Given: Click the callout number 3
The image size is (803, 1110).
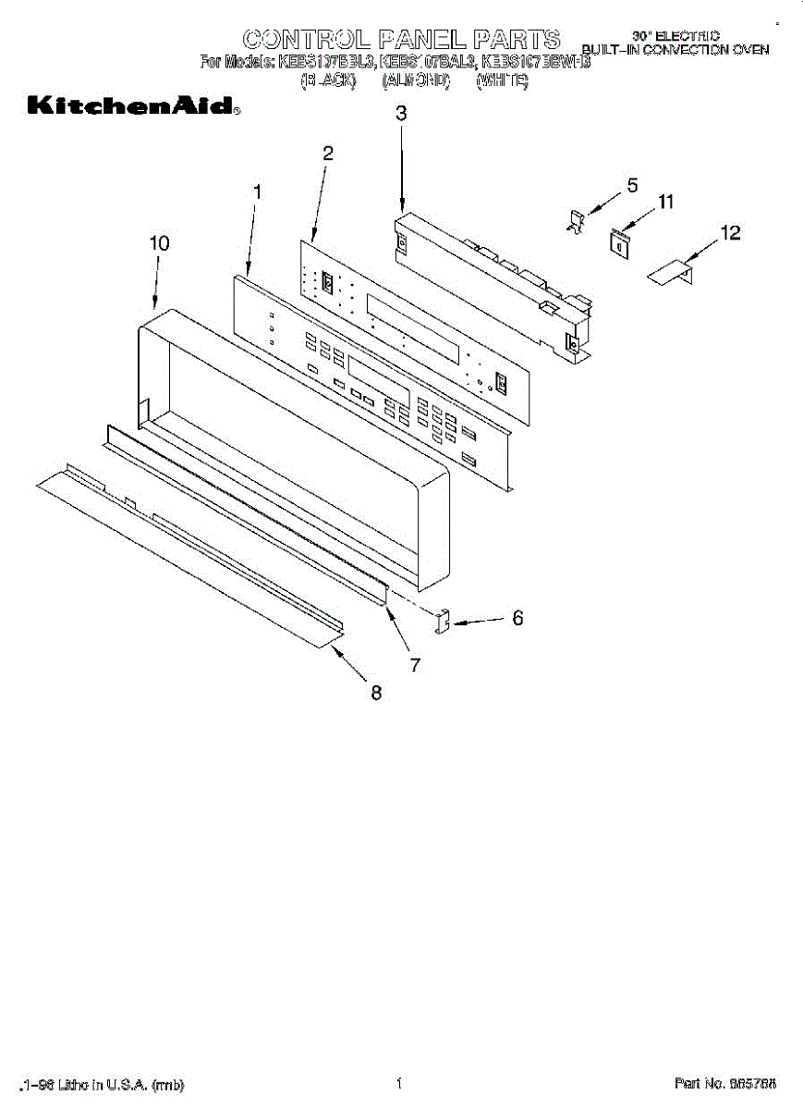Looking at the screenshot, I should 401,114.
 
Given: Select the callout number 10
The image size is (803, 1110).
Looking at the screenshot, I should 159,242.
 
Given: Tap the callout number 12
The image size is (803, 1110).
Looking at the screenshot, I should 730,233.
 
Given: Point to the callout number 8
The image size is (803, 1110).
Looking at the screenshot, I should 376,693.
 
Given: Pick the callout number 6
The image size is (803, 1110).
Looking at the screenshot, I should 517,618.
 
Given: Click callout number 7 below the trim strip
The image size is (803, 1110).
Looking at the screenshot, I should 416,664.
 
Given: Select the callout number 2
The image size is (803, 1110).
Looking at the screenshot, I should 327,154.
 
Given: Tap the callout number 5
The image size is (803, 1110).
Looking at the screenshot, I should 632,185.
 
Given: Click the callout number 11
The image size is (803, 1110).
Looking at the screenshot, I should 666,201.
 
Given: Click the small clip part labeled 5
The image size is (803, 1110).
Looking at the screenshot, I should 576,222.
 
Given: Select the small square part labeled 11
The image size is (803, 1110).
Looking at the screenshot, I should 618,240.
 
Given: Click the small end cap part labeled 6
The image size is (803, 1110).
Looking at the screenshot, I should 442,623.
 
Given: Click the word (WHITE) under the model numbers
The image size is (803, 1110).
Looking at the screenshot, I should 502,82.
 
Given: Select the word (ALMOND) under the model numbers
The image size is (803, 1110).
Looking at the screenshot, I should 416,82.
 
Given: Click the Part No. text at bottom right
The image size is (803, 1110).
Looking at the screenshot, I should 724,1083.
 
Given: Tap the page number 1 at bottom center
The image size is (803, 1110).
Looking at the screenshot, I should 398,1083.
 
